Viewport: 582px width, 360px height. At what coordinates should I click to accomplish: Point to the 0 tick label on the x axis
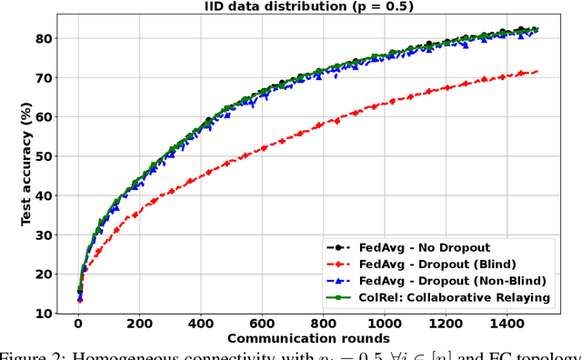click(x=78, y=323)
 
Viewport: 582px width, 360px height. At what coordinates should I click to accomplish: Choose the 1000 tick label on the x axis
click(x=383, y=323)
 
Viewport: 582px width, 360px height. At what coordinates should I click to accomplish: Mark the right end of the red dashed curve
click(x=537, y=71)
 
